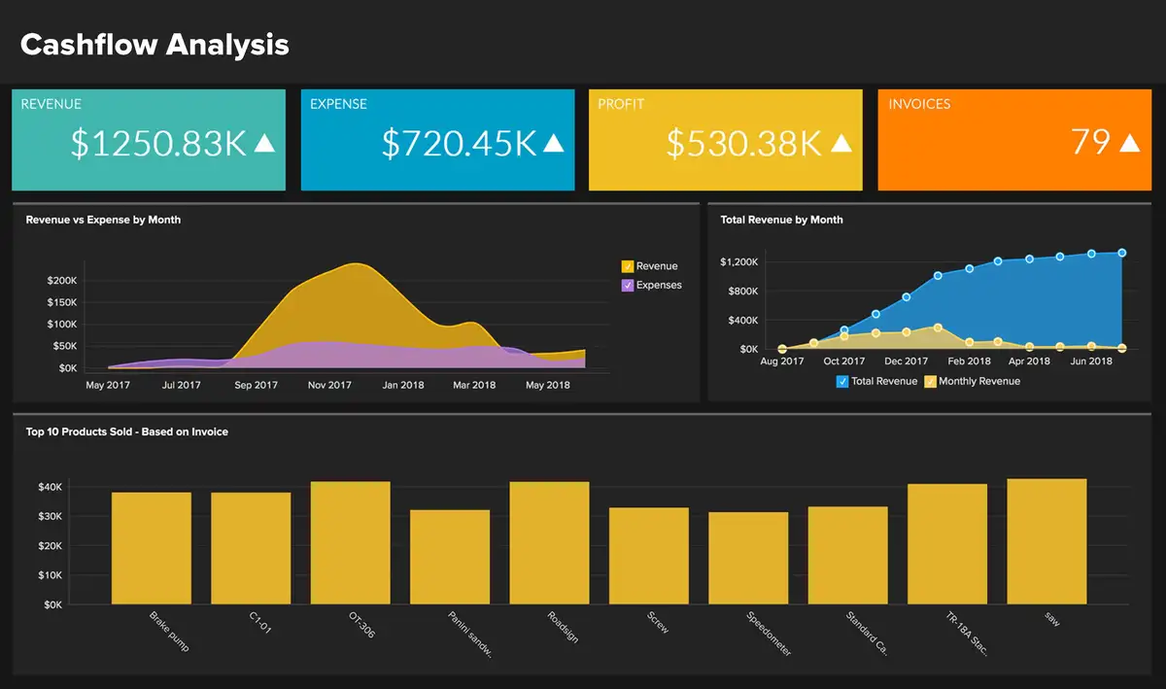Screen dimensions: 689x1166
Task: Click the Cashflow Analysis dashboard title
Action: click(154, 45)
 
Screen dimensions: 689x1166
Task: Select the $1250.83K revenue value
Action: click(159, 143)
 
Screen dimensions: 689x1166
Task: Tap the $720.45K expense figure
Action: click(459, 143)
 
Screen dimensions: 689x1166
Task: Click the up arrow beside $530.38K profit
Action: click(841, 143)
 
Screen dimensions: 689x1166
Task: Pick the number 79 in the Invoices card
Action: click(1090, 142)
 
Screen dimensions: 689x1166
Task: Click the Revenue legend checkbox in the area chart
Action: click(628, 266)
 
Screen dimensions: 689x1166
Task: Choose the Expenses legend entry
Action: click(658, 286)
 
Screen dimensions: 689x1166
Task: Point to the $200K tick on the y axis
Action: click(62, 281)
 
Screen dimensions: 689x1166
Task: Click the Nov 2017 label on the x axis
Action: click(329, 385)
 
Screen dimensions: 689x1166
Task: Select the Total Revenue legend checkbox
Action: click(842, 382)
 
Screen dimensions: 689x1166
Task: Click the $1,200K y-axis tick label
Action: click(739, 262)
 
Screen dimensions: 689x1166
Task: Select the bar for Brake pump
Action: click(152, 548)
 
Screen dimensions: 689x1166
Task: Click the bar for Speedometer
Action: click(748, 558)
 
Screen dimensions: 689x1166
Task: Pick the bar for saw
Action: click(1046, 541)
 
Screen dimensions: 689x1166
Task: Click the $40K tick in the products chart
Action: click(51, 487)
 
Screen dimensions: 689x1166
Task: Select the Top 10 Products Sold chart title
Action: click(127, 431)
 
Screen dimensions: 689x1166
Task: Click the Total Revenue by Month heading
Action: click(781, 220)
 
